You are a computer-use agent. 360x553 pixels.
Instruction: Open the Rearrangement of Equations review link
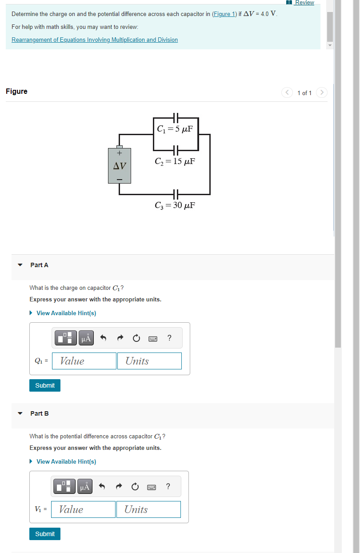tap(95, 40)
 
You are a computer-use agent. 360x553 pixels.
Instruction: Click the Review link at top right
tap(304, 3)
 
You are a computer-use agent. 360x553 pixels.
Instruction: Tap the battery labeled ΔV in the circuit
tap(120, 165)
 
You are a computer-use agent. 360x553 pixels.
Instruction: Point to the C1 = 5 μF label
tap(175, 129)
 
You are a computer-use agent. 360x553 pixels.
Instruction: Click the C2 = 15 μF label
tap(175, 161)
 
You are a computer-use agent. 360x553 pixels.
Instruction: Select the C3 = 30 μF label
tap(175, 205)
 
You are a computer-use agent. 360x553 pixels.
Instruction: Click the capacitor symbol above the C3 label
tap(175, 194)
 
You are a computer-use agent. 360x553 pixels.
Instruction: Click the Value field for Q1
tap(84, 361)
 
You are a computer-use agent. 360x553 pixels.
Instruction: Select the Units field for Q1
tap(149, 361)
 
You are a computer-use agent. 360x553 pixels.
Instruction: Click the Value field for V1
tap(84, 509)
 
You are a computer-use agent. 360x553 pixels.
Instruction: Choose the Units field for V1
tap(148, 509)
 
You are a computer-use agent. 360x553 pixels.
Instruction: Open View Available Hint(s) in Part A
tap(66, 313)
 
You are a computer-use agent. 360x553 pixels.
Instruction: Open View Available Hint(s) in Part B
tap(66, 461)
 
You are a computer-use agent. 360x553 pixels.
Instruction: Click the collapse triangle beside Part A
tap(20, 265)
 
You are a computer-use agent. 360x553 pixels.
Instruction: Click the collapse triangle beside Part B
tap(20, 413)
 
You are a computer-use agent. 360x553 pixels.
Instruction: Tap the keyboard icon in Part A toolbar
tap(153, 339)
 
